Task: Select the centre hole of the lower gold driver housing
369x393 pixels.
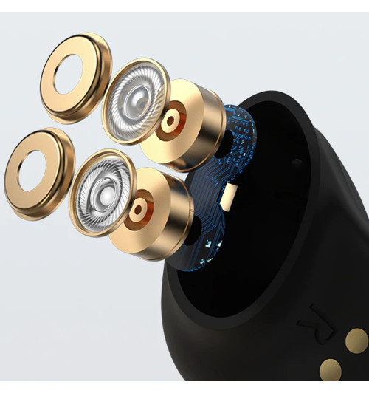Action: (139, 211)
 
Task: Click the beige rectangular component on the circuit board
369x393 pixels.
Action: (231, 196)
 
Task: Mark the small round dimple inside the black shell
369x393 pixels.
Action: (296, 163)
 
